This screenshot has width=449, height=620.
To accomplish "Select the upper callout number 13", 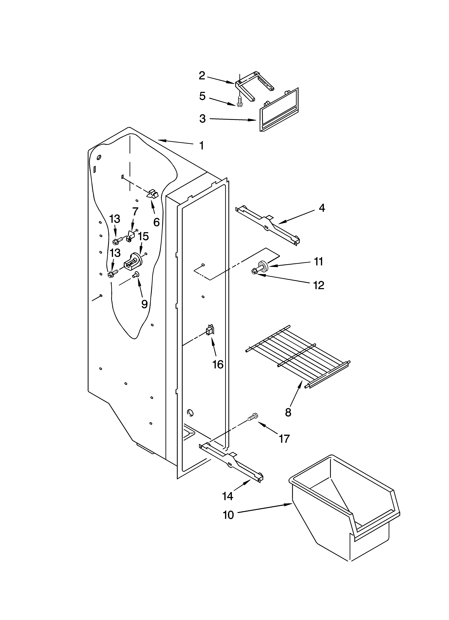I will (115, 219).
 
